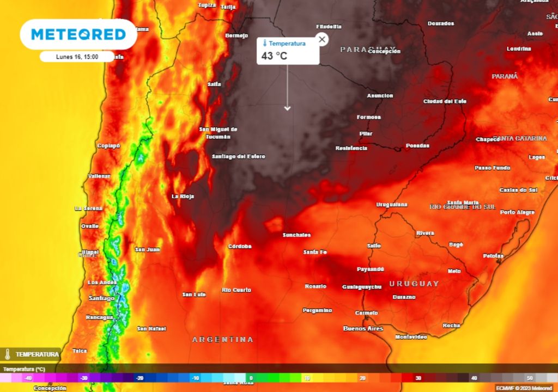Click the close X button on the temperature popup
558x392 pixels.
pyautogui.click(x=322, y=39)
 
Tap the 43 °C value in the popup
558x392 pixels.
pyautogui.click(x=274, y=56)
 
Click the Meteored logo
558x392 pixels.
pyautogui.click(x=78, y=34)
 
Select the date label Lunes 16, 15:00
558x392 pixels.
pyautogui.click(x=77, y=56)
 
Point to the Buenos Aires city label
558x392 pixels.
pyautogui.click(x=363, y=328)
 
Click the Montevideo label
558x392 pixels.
pyautogui.click(x=411, y=337)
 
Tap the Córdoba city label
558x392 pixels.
pyautogui.click(x=240, y=246)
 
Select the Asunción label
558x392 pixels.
pyautogui.click(x=380, y=96)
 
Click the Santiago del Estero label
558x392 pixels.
pyautogui.click(x=239, y=156)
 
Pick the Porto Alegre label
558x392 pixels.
pyautogui.click(x=517, y=212)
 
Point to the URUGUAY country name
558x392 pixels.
pyautogui.click(x=414, y=284)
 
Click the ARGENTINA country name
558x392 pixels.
pyautogui.click(x=223, y=339)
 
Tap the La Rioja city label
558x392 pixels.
pyautogui.click(x=183, y=196)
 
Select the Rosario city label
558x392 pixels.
pyautogui.click(x=316, y=286)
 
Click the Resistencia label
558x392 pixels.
pyautogui.click(x=351, y=148)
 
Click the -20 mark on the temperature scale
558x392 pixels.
pyautogui.click(x=139, y=378)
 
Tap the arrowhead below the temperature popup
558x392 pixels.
pyautogui.click(x=287, y=108)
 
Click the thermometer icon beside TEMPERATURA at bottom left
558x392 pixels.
pyautogui.click(x=8, y=354)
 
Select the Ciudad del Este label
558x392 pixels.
pyautogui.click(x=445, y=101)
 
